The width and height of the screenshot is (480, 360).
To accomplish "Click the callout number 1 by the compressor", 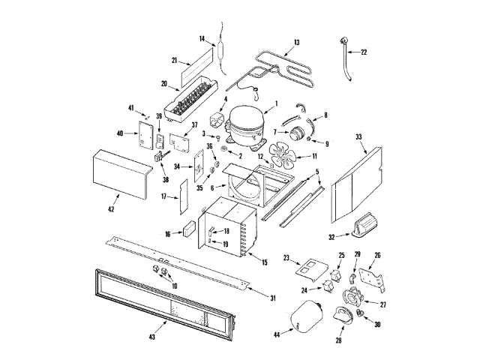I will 277,103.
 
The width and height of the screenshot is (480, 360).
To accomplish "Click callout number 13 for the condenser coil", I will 296,42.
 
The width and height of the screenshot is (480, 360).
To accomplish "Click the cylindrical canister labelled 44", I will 306,317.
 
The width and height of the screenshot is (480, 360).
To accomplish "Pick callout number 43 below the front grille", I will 152,337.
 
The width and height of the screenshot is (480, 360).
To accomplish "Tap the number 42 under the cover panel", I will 111,208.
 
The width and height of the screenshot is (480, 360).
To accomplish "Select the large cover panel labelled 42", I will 120,174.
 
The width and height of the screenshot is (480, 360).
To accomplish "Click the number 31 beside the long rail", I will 273,298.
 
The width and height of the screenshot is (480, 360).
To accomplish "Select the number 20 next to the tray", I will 163,84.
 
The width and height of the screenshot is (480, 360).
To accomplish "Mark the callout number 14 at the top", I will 202,38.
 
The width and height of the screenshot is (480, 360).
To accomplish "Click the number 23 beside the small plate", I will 286,258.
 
